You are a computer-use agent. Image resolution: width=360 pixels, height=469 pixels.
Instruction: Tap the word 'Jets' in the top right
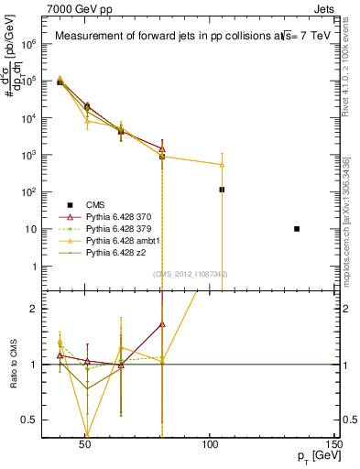click(x=325, y=8)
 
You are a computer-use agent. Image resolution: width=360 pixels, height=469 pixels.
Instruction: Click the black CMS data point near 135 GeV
click(x=297, y=228)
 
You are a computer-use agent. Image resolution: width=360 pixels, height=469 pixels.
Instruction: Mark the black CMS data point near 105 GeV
click(x=222, y=190)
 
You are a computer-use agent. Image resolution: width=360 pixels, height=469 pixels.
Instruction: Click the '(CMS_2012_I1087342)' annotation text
click(x=191, y=274)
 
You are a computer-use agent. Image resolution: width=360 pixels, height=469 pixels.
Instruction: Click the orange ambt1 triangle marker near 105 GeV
click(x=222, y=165)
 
